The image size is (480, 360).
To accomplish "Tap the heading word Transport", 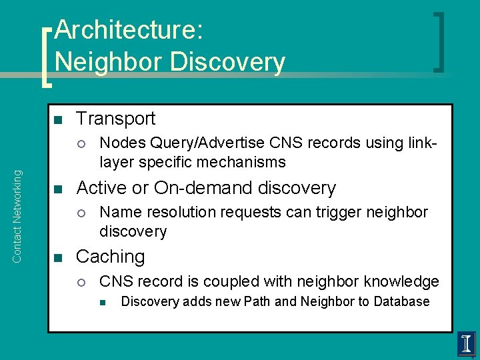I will (x=115, y=119).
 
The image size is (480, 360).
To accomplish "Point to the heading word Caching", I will (x=110, y=257).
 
